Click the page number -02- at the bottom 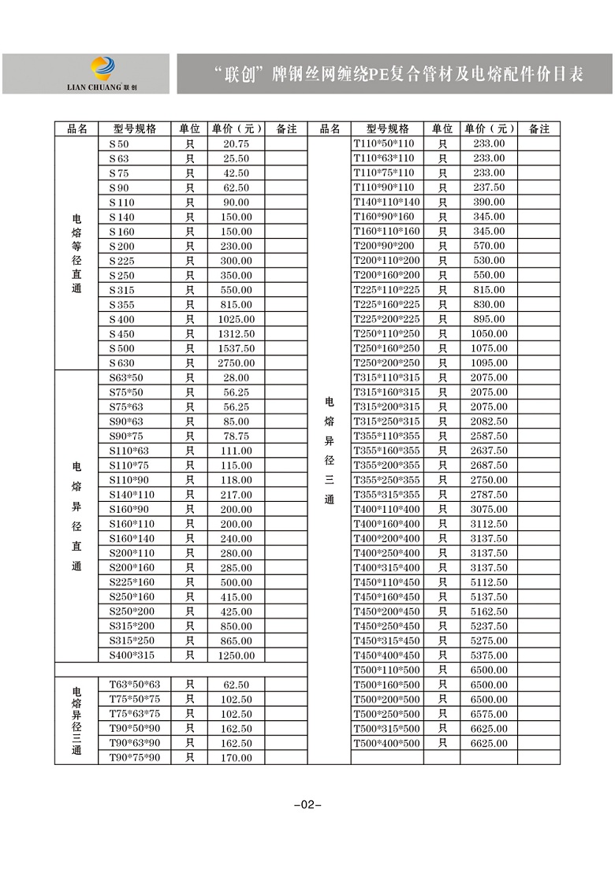tap(307, 804)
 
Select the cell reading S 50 tap(119, 143)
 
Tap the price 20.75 tap(236, 143)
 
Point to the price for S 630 tap(236, 363)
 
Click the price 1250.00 tap(236, 655)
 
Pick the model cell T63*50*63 tap(134, 685)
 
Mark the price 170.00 tap(236, 758)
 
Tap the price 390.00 tap(489, 202)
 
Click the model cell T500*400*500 tap(386, 743)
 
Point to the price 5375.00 tap(489, 655)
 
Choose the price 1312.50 tap(236, 334)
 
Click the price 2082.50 tap(489, 422)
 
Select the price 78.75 tap(236, 436)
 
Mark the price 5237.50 tap(489, 626)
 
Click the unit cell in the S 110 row tap(189, 202)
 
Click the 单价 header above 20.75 tap(236, 128)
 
